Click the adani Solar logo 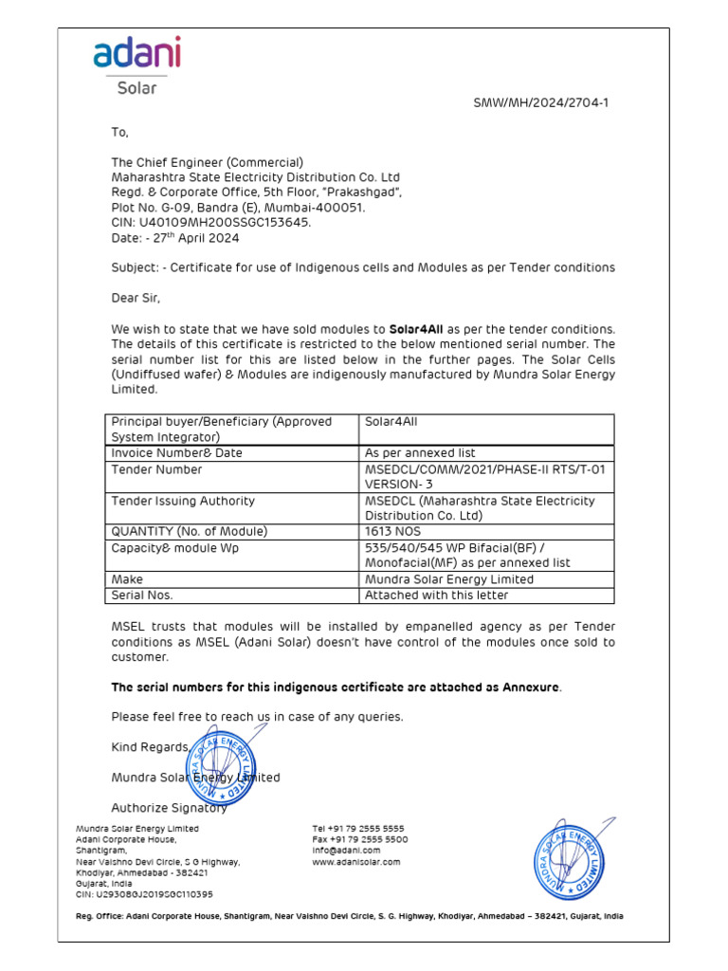click(136, 65)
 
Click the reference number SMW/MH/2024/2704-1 click(540, 102)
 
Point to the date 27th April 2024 click(177, 237)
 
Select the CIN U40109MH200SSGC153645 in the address click(210, 222)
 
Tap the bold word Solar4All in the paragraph click(416, 328)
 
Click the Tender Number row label click(156, 469)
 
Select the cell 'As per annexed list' click(420, 453)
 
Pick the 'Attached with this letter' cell click(436, 595)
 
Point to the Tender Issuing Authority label click(183, 501)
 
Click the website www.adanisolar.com click(356, 862)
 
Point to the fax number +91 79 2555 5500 click(360, 839)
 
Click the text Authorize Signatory click(169, 808)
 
